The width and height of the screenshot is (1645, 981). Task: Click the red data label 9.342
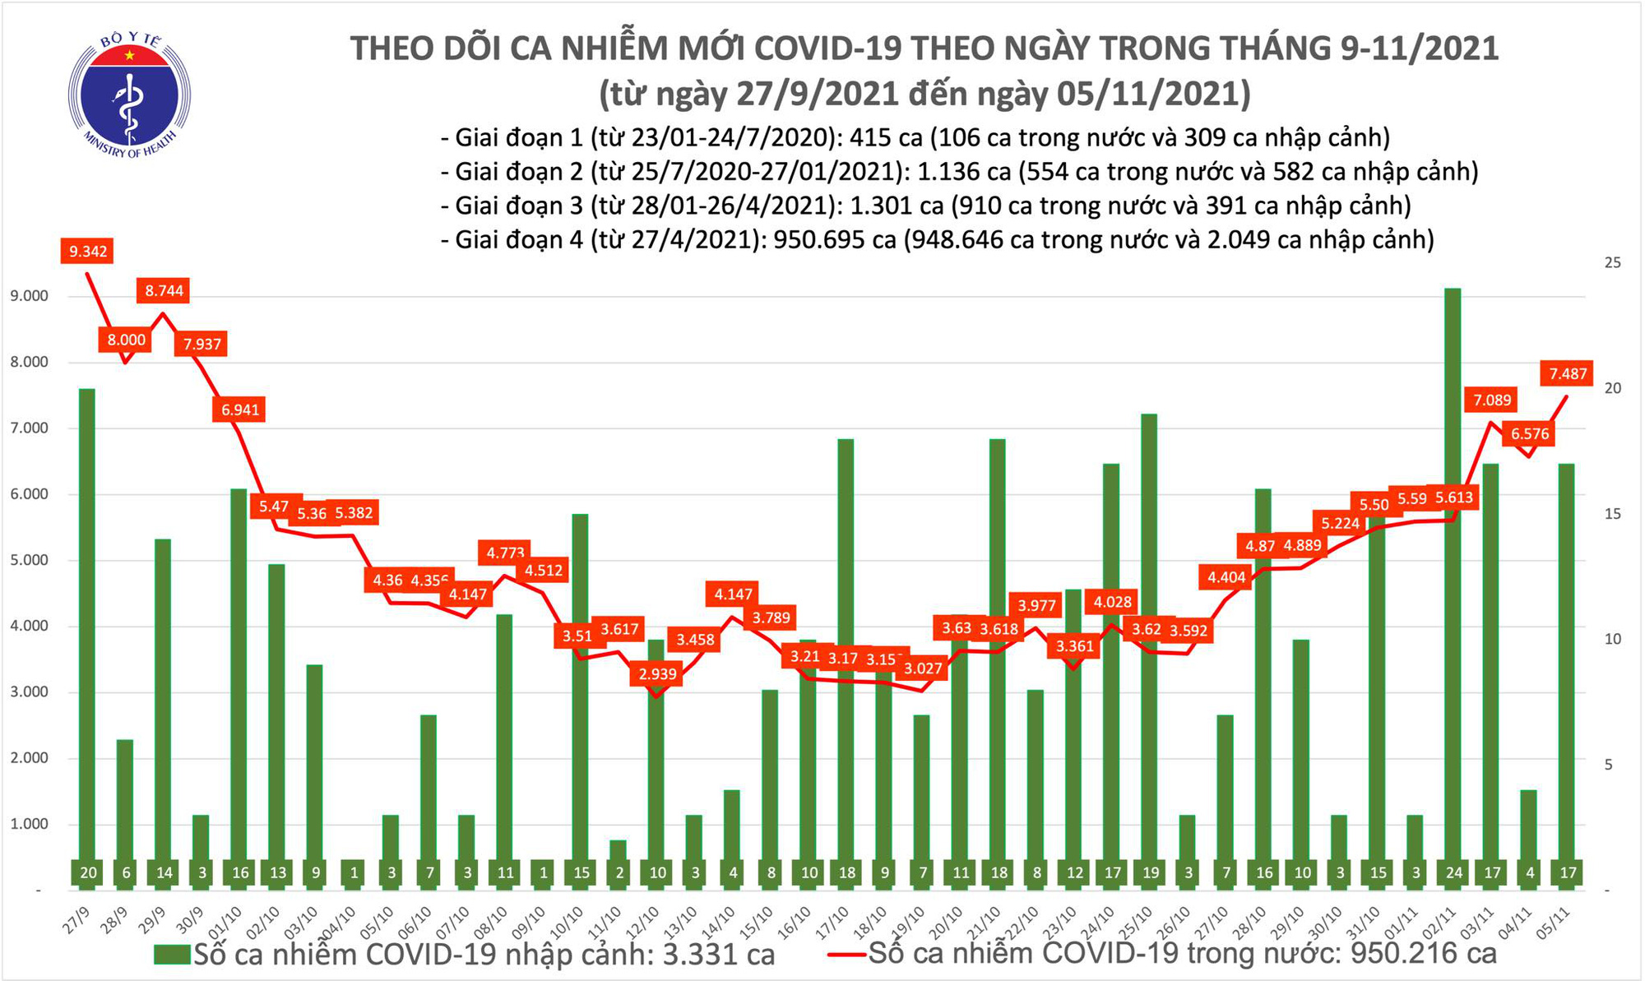[x=87, y=251]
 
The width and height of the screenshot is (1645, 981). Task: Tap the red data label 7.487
[x=1568, y=374]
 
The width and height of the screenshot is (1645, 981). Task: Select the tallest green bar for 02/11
[x=1453, y=576]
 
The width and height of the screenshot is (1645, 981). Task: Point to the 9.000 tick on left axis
[x=29, y=296]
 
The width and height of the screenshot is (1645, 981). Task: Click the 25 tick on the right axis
[x=1613, y=263]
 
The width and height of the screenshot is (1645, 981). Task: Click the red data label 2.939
[x=657, y=674]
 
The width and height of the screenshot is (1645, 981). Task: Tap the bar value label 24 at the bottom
[x=1453, y=872]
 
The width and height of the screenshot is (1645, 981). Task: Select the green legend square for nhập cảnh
[x=172, y=955]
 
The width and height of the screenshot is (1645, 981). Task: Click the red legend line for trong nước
[x=846, y=955]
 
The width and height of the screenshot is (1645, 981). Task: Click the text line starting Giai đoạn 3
[x=925, y=206]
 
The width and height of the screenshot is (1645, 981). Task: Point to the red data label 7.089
[x=1492, y=400]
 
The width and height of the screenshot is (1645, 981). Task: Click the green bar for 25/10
[x=1150, y=641]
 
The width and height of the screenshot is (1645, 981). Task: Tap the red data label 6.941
[x=240, y=410]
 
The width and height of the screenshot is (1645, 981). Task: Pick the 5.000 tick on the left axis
[x=29, y=560]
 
